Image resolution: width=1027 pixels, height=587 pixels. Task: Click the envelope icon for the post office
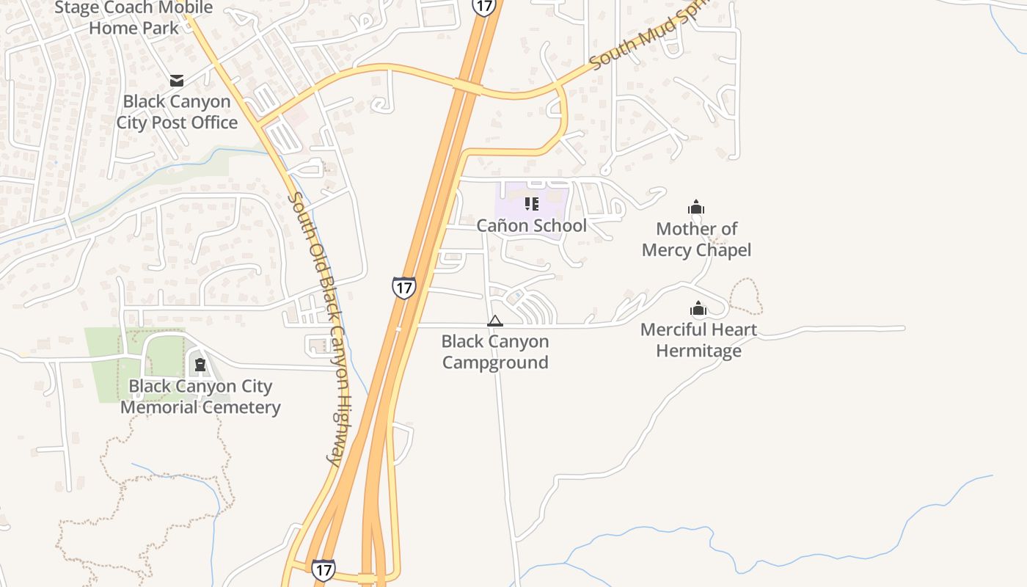click(x=176, y=80)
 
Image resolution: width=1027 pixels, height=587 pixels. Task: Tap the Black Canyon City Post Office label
click(x=177, y=112)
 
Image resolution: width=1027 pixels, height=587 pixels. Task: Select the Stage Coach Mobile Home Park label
click(x=134, y=18)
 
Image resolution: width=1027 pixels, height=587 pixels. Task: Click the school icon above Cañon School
click(x=532, y=204)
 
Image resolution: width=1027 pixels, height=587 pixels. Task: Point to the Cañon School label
click(x=532, y=225)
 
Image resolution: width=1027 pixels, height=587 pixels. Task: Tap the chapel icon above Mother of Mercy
click(x=696, y=208)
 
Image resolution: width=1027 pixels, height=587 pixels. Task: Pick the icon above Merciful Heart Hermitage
click(x=698, y=309)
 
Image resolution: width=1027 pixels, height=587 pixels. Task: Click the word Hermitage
click(x=698, y=351)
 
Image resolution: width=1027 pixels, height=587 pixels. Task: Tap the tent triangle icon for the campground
click(x=495, y=321)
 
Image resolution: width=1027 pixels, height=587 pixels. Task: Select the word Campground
click(x=495, y=362)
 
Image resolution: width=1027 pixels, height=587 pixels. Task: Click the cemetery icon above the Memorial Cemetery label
click(x=200, y=365)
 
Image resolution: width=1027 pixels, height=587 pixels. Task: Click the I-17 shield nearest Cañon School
click(x=403, y=287)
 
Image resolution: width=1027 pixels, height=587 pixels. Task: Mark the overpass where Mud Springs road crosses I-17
click(x=467, y=88)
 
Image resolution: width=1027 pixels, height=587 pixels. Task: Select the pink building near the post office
click(x=296, y=115)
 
